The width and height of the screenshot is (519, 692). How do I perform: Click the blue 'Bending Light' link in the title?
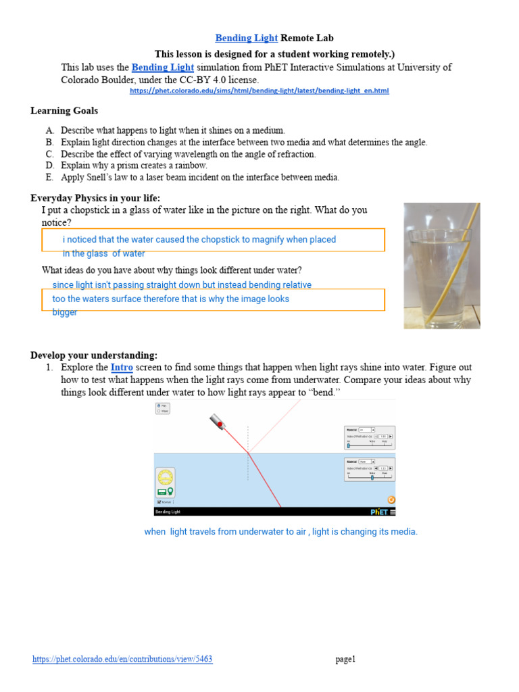coord(246,39)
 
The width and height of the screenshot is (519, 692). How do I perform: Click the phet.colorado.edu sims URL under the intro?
coord(259,91)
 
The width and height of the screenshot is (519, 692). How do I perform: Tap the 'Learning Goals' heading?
coord(64,111)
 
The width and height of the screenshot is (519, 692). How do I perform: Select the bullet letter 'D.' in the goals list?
coord(49,166)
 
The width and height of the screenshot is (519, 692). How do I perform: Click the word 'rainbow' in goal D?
coord(191,166)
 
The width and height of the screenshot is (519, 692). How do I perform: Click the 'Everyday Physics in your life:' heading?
coord(95,198)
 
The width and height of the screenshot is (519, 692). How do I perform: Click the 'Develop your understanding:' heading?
coord(94,355)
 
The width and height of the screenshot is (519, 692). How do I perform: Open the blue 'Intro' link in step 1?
coord(122,368)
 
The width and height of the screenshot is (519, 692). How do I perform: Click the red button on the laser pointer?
coord(219,424)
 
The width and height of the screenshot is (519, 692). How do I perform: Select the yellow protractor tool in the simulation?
coord(166,477)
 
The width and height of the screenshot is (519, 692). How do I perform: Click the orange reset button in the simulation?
coord(391,499)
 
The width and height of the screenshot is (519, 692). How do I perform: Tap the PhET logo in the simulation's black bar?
coord(378,512)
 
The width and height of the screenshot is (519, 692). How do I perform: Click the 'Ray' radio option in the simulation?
coord(159,405)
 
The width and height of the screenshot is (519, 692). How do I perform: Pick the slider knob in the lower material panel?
coord(372,477)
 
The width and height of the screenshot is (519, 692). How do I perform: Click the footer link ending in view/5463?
coord(122,659)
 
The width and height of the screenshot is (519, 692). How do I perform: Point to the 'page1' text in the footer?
coord(345,660)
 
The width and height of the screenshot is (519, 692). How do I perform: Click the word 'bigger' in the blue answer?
coord(65,312)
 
